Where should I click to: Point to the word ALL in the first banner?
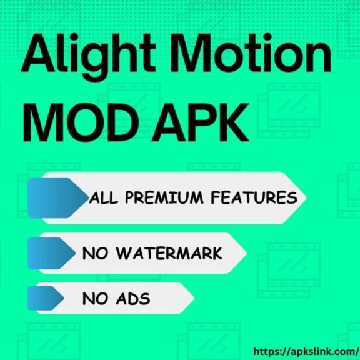tap(104, 198)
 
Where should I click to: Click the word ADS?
tap(133, 299)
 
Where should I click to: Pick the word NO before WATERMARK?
tap(96, 254)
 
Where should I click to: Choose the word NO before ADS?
tap(96, 299)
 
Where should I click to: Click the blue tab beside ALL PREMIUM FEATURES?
tap(55, 197)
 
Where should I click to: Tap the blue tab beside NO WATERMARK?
tap(54, 253)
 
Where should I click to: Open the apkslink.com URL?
tap(305, 351)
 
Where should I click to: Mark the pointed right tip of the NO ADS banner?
tap(191, 298)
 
